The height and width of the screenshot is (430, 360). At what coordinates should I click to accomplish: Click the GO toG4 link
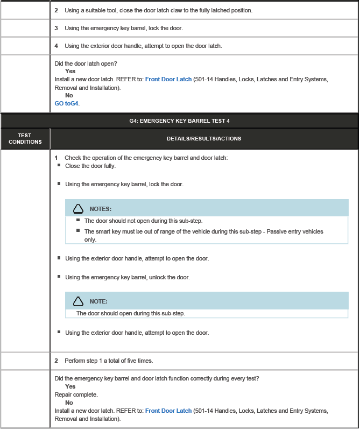[67, 103]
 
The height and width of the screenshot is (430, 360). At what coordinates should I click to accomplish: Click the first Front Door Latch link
[168, 79]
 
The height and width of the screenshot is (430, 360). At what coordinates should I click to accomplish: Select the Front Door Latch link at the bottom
[168, 411]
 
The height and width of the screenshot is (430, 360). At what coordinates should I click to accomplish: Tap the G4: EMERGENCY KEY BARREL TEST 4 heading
[179, 121]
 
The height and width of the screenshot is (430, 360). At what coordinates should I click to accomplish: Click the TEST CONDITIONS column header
[25, 139]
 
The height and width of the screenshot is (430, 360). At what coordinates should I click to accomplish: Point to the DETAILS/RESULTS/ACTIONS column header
[204, 139]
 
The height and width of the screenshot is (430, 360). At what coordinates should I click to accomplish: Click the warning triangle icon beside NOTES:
[79, 209]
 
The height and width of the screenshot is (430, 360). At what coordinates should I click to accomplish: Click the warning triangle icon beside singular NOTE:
[79, 301]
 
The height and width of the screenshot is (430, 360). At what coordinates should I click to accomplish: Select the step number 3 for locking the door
[57, 28]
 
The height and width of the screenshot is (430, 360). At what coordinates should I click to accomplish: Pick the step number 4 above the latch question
[57, 46]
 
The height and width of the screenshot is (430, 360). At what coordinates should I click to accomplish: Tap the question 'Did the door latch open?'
[86, 64]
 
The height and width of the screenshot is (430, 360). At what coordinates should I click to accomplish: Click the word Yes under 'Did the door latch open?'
[70, 71]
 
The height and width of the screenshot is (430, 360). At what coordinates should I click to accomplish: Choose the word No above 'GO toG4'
[69, 95]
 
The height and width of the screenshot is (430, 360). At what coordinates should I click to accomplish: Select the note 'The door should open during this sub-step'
[131, 313]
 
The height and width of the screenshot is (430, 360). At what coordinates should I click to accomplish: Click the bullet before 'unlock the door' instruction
[59, 277]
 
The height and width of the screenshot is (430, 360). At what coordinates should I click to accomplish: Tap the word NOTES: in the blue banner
[101, 209]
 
